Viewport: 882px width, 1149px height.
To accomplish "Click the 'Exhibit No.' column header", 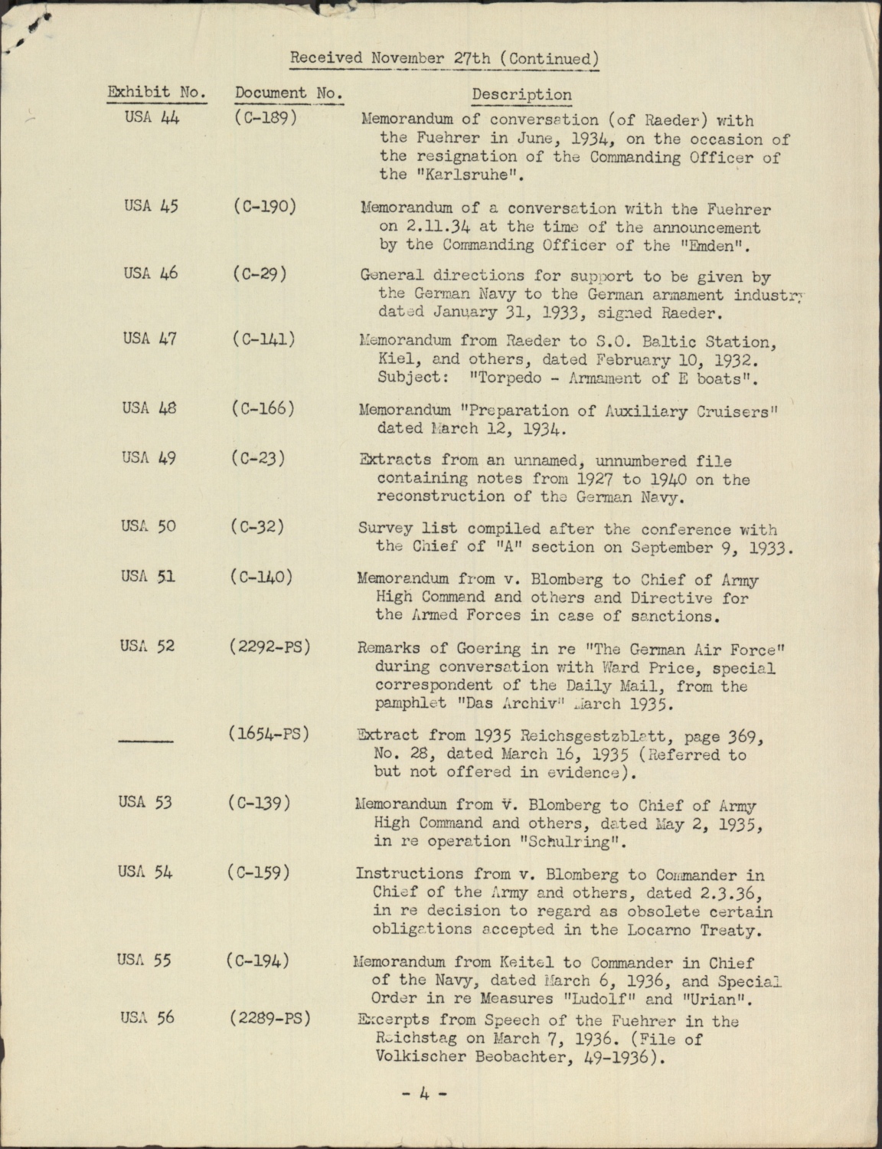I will click(156, 93).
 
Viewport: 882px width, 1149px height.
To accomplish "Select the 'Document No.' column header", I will click(288, 93).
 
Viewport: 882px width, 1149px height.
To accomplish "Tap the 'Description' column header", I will click(521, 94).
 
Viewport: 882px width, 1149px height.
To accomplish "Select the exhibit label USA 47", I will click(149, 338).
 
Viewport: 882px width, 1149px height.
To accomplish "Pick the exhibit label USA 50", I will click(148, 526).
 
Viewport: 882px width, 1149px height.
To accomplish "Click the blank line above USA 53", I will click(146, 741).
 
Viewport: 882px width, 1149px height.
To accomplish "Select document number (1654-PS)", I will click(268, 733).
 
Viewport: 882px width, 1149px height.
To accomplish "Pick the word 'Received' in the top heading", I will click(327, 58).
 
